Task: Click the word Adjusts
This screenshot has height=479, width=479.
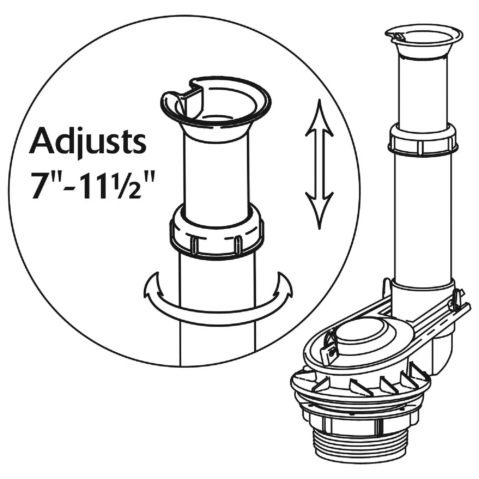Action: coord(87,142)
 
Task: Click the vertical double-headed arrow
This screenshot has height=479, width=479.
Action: coord(319,164)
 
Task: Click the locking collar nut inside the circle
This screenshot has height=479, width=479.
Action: coord(217,234)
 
